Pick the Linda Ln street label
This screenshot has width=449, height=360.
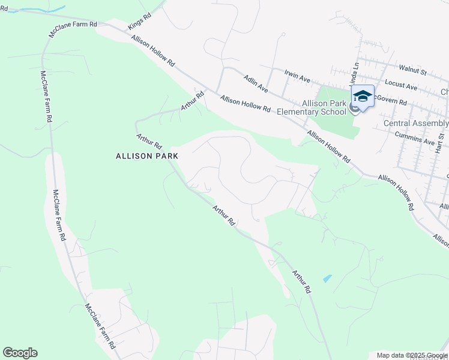(355, 73)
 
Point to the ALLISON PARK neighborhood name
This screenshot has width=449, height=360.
(147, 155)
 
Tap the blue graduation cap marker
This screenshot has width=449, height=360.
(363, 95)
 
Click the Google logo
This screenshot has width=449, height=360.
(20, 353)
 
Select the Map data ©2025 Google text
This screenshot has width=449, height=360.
(412, 355)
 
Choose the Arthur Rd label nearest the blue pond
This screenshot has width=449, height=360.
(301, 281)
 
